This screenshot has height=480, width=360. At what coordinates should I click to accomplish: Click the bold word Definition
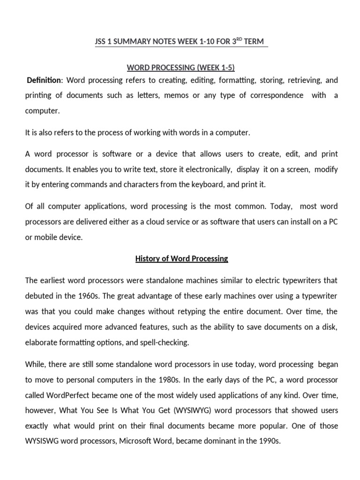click(x=44, y=80)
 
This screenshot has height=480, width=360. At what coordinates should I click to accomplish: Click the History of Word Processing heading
click(x=181, y=258)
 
